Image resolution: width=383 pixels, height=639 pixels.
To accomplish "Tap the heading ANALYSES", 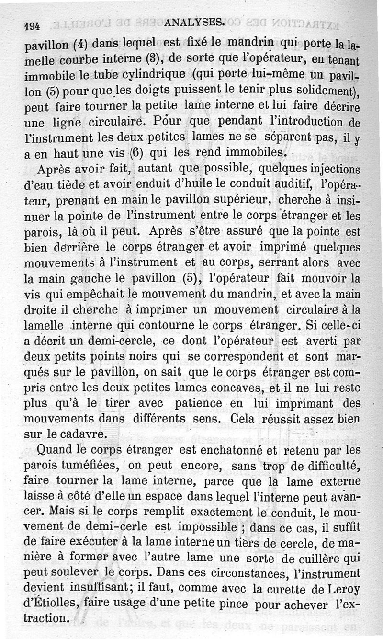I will (193, 22).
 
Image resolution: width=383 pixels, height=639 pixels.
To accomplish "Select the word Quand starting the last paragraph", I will (53, 450).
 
